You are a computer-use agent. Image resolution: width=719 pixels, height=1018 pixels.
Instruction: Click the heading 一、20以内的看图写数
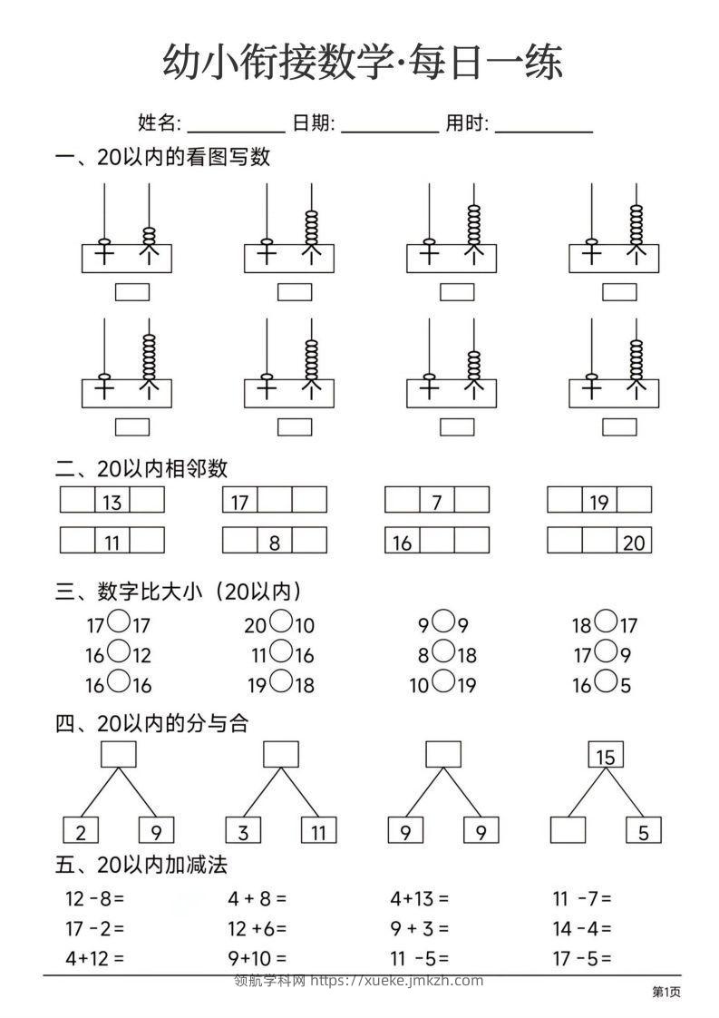click(x=163, y=157)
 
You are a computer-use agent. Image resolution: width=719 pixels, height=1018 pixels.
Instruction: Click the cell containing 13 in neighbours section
click(x=112, y=500)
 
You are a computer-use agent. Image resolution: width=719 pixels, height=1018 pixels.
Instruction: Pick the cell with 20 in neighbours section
click(x=634, y=541)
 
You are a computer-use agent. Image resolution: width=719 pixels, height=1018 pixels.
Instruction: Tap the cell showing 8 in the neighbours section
click(x=274, y=541)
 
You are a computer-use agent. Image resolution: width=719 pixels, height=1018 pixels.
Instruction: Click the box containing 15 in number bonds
click(x=606, y=755)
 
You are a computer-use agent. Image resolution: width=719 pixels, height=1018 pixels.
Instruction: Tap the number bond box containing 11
click(x=318, y=830)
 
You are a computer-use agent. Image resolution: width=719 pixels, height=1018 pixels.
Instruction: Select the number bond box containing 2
click(x=81, y=830)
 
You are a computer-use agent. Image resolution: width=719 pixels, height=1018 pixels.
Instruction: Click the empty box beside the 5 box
click(x=568, y=830)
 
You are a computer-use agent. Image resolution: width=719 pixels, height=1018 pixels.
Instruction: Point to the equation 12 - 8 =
click(x=94, y=899)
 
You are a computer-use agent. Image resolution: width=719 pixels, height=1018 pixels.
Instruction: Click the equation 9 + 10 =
click(x=257, y=957)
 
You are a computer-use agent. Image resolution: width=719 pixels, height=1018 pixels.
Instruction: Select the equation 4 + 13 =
click(x=419, y=899)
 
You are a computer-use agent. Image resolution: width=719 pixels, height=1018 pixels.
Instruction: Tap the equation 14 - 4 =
click(x=582, y=928)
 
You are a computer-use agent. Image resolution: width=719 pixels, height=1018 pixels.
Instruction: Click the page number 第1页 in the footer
click(x=666, y=993)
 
